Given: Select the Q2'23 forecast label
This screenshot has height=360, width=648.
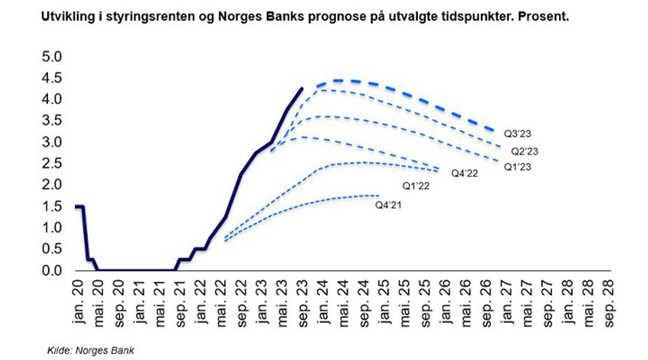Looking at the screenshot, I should (x=525, y=151).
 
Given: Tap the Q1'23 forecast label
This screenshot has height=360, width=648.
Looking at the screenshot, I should (x=518, y=168).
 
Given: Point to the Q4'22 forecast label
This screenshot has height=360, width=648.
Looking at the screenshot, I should (x=465, y=173).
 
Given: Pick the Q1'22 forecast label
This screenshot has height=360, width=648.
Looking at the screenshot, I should (x=416, y=185).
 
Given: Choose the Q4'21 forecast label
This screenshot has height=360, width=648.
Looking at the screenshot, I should (x=389, y=205).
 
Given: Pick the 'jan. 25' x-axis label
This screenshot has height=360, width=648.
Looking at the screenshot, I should (x=383, y=303).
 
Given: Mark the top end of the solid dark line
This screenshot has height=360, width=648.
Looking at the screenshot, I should (x=302, y=88).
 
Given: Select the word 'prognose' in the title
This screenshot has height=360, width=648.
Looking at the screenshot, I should (x=311, y=17).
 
